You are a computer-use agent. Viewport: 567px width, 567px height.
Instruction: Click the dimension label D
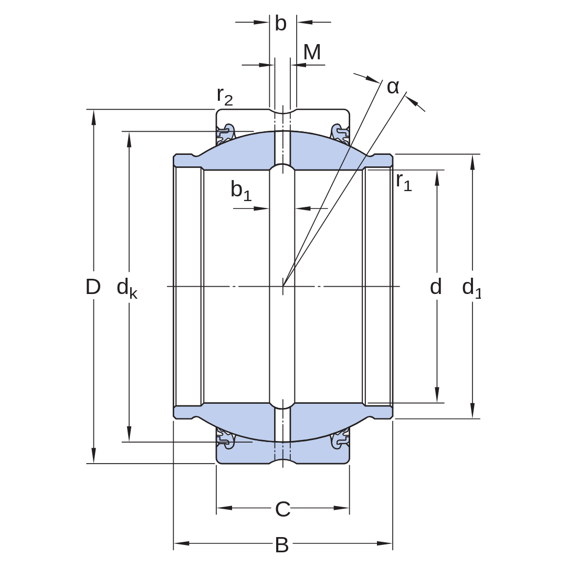point(93,287)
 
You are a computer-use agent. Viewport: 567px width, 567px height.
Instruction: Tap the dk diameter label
point(127,288)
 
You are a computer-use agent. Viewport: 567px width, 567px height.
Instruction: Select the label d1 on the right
point(472,288)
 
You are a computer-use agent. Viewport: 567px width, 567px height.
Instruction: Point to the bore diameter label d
point(436,287)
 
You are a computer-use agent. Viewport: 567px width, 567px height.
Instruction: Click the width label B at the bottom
point(282,544)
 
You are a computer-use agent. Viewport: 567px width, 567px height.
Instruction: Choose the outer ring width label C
point(283,509)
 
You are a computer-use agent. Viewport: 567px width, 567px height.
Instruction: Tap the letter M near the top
point(312,52)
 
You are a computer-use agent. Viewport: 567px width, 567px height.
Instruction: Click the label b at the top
point(280,24)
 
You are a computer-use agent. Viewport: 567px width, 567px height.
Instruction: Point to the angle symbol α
point(393,87)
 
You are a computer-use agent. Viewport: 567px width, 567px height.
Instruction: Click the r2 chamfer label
point(225,96)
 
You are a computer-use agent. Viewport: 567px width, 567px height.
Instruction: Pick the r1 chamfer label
point(404,182)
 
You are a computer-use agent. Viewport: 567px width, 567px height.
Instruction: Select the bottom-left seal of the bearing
point(226,438)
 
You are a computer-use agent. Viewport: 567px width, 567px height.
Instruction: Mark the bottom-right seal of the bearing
point(340,438)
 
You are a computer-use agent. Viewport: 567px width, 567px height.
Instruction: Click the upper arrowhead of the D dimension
point(93,117)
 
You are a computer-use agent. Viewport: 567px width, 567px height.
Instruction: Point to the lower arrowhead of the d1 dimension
point(472,411)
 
